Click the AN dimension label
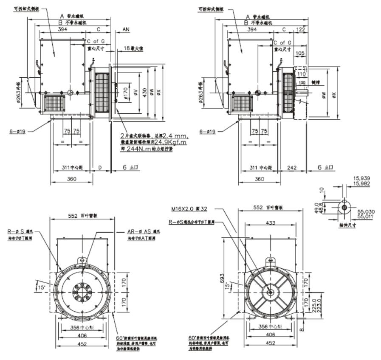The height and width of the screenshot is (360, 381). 126,30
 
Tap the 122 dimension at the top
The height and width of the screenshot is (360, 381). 301,30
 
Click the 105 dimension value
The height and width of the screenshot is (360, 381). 299,53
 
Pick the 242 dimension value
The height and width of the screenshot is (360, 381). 294,168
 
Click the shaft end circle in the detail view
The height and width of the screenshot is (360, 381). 344,207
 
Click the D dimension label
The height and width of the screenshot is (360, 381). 100,168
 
